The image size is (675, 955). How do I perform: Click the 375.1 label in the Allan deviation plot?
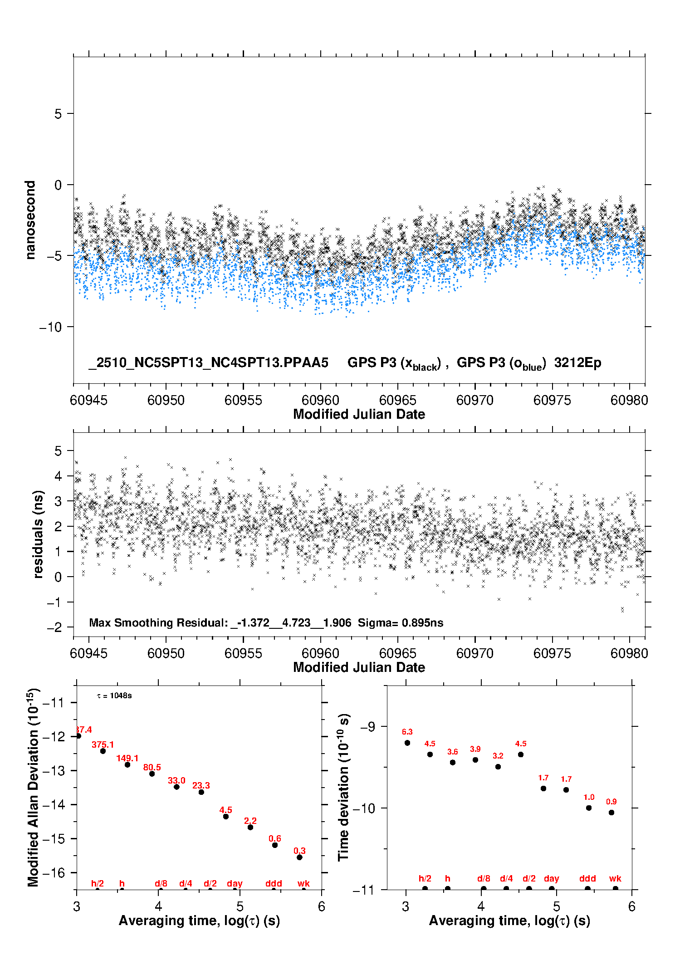[103, 744]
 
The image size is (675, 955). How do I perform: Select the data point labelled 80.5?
[152, 774]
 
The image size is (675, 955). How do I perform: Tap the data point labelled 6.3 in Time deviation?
[407, 743]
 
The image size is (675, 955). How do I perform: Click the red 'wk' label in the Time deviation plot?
[615, 878]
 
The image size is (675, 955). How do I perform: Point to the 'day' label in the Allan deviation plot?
[235, 883]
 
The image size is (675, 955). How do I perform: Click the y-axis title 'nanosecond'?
[30, 220]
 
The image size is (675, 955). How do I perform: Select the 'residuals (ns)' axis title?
[38, 534]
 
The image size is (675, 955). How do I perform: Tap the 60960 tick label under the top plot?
[320, 400]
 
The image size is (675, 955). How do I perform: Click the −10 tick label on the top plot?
[50, 327]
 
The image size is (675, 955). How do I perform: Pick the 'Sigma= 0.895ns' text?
[401, 622]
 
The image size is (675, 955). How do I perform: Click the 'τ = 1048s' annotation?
[114, 695]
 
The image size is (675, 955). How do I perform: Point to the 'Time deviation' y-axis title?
[344, 787]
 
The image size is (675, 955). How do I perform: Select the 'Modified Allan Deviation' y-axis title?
[33, 787]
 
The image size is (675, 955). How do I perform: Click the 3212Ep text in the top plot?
[577, 363]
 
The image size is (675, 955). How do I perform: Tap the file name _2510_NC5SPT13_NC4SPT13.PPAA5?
[208, 363]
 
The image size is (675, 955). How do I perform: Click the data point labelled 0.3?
[299, 857]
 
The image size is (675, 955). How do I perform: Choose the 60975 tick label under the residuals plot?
[552, 653]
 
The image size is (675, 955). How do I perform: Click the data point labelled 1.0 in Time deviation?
[589, 808]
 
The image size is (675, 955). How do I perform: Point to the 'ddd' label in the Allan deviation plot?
[274, 883]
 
